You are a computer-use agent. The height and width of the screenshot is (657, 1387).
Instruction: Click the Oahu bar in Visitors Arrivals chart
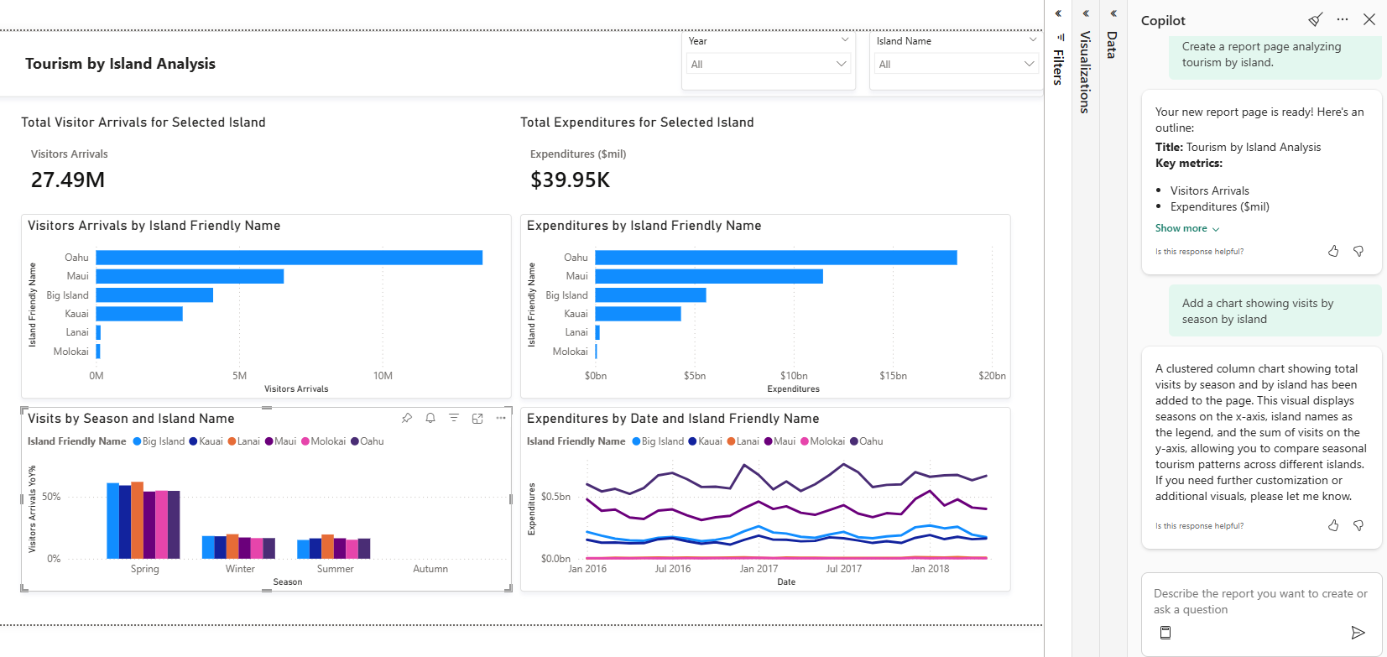(289, 258)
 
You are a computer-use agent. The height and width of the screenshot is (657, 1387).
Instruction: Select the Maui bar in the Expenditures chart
(709, 276)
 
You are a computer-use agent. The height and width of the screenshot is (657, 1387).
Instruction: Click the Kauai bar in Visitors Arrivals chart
(139, 314)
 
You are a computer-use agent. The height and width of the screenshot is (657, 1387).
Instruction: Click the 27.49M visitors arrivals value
(68, 180)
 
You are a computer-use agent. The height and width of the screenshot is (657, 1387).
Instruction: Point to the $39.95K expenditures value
(570, 180)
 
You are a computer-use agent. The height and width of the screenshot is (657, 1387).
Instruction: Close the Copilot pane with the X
(1369, 19)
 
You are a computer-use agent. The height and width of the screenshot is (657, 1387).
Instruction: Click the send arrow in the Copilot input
(1358, 633)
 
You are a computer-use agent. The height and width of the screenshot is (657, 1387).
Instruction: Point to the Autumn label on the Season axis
(430, 569)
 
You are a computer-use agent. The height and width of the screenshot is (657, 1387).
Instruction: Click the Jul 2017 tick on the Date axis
(843, 569)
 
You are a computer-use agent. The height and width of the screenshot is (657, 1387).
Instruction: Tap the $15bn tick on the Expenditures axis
(893, 376)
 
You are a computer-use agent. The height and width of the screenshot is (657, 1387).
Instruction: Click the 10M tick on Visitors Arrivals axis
(383, 376)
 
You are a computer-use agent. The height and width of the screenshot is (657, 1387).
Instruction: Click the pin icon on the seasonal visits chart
(407, 418)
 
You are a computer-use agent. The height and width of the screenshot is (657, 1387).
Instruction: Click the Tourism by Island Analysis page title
(120, 64)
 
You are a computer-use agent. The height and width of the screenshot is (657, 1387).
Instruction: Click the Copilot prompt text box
(1259, 602)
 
